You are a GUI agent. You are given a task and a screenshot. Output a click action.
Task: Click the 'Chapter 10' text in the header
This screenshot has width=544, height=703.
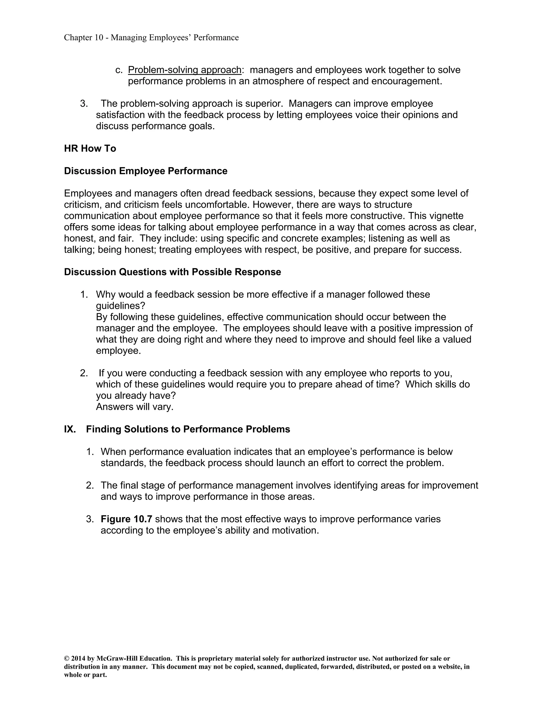(83, 38)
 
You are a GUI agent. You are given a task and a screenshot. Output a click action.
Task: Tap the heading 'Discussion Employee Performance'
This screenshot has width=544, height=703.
(146, 171)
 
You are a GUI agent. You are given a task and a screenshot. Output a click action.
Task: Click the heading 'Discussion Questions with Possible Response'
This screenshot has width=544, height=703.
(172, 272)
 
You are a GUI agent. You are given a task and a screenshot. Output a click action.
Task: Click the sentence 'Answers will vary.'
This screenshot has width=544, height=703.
(135, 407)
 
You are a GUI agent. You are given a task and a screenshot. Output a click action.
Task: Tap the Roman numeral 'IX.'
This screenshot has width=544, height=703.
(70, 429)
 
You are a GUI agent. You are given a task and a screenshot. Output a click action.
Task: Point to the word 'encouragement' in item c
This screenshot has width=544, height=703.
(405, 81)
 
